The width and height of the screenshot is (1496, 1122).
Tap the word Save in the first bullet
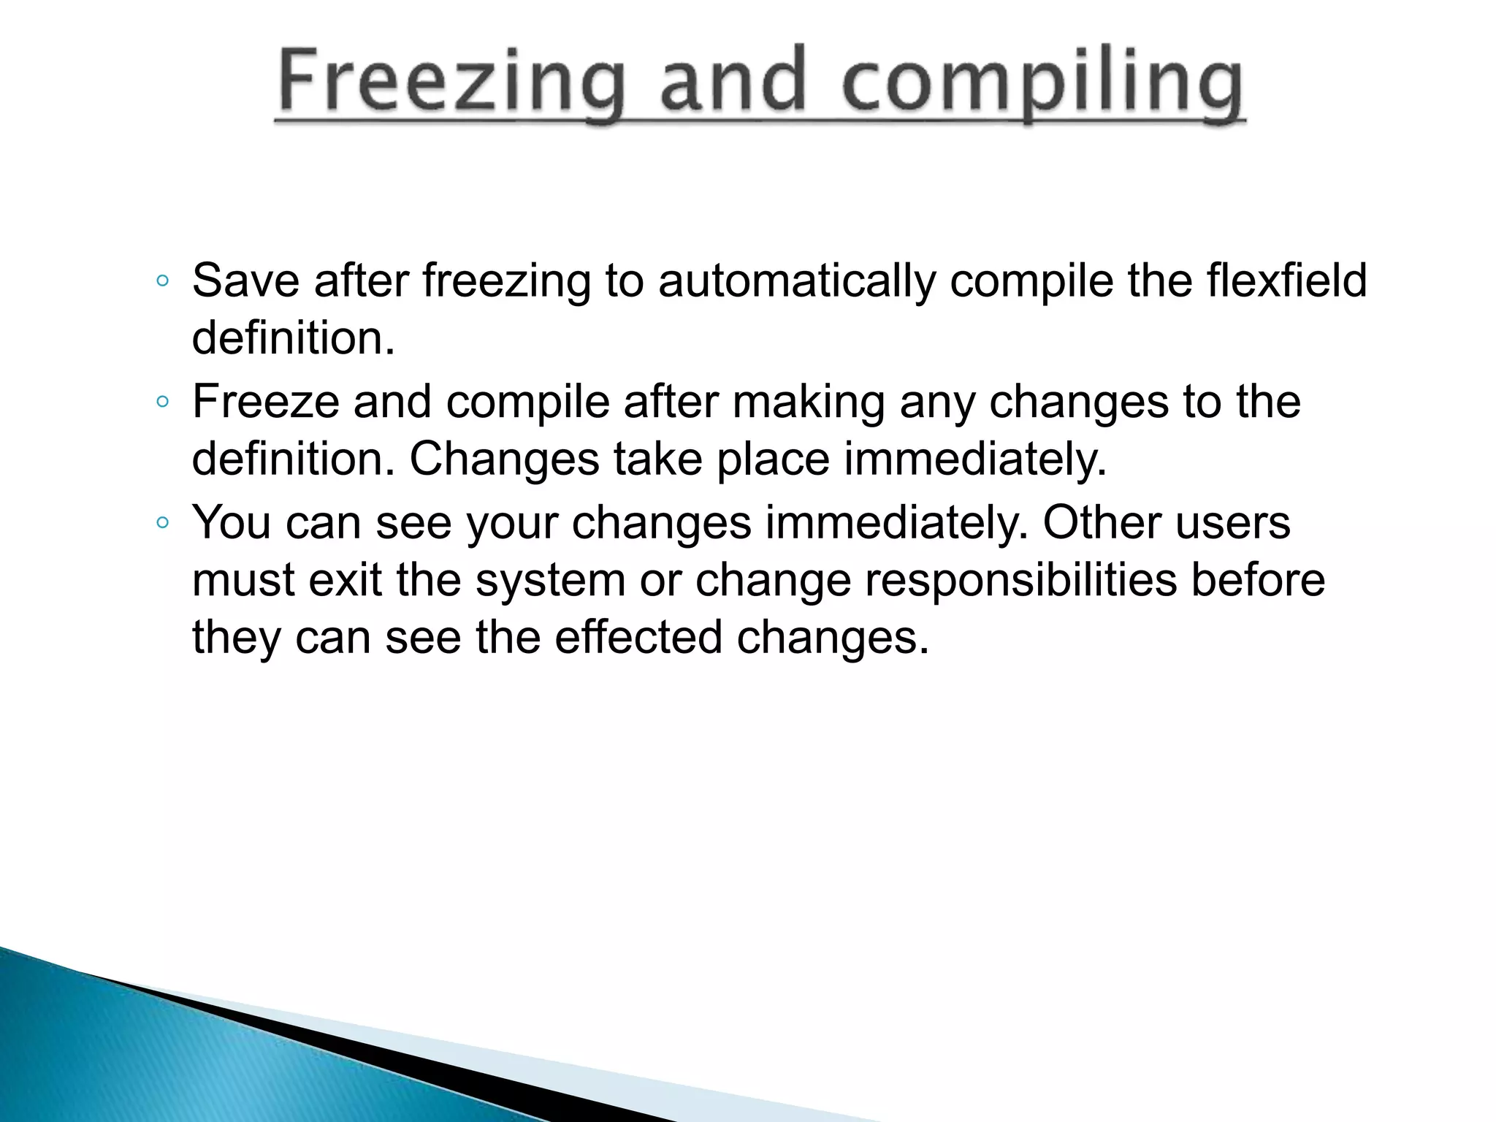(x=245, y=280)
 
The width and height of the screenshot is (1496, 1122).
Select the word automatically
(x=795, y=282)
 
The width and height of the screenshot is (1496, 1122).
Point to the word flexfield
(x=1286, y=280)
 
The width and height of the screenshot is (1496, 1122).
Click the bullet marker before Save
(x=163, y=281)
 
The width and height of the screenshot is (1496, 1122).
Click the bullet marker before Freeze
(x=163, y=402)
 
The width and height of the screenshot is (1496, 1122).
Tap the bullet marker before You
(x=163, y=522)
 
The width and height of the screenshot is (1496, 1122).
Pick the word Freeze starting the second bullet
(x=265, y=402)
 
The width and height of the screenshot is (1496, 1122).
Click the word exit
(x=345, y=580)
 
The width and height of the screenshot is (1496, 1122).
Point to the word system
(x=550, y=581)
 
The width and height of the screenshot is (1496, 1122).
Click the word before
(x=1258, y=580)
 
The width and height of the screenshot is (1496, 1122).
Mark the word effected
(x=638, y=637)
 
